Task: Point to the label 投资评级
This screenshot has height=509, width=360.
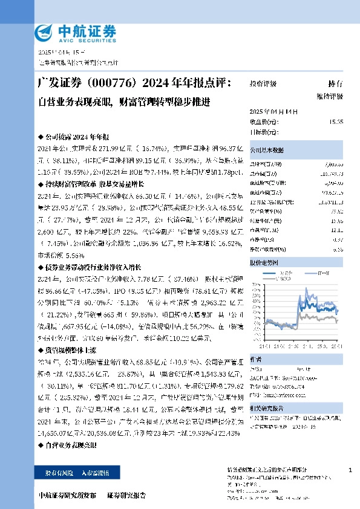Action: click(263, 84)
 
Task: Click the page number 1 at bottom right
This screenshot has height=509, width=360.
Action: click(351, 470)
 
